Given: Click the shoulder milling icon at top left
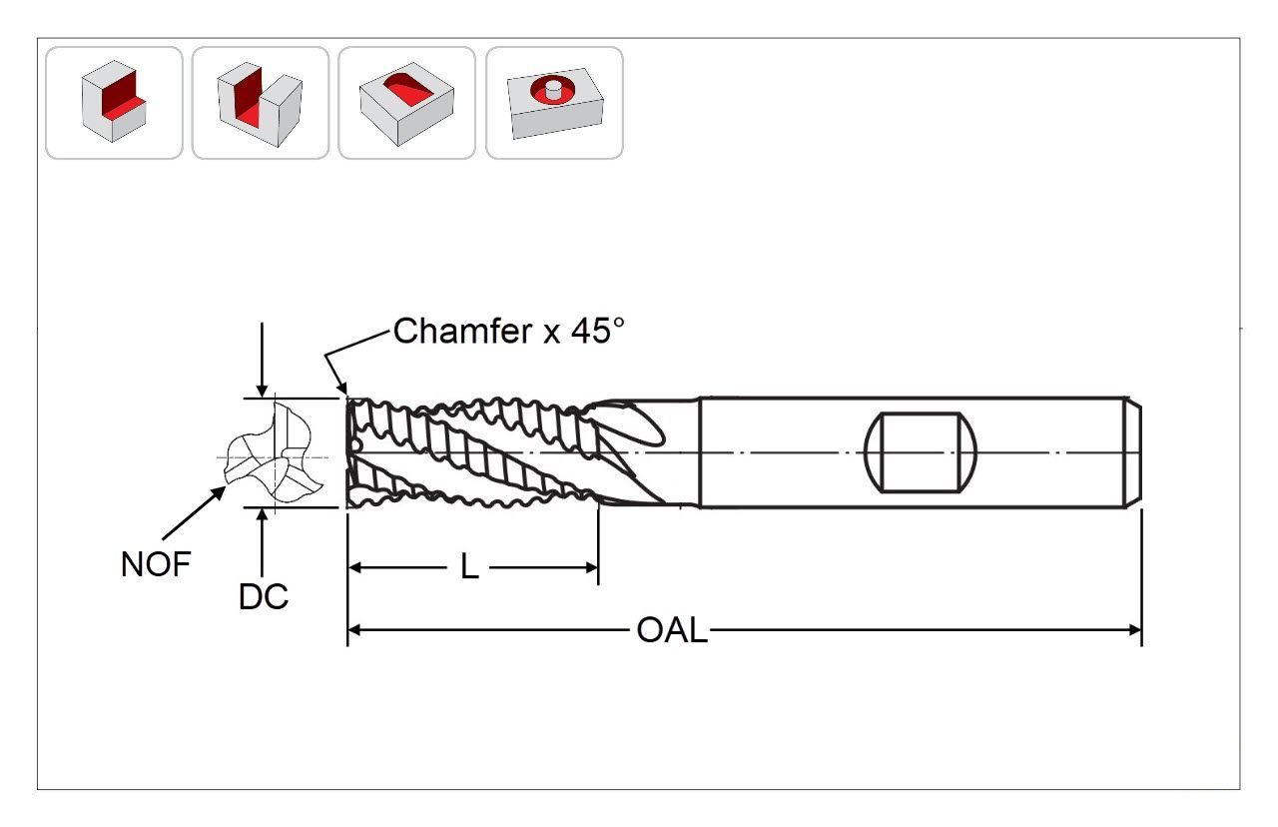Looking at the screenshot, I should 114,102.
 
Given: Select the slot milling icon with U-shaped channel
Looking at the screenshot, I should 260,102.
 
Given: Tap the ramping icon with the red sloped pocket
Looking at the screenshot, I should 406,102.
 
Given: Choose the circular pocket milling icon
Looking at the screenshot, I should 554,102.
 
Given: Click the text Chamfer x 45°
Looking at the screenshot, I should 508,331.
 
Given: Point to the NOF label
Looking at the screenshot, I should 155,564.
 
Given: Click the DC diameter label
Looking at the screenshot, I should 263,596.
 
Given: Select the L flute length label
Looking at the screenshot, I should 469,567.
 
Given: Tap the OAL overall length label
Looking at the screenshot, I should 671,630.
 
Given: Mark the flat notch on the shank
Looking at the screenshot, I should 919,452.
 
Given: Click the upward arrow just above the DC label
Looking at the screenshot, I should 261,515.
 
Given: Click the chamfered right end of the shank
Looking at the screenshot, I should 1136,452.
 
